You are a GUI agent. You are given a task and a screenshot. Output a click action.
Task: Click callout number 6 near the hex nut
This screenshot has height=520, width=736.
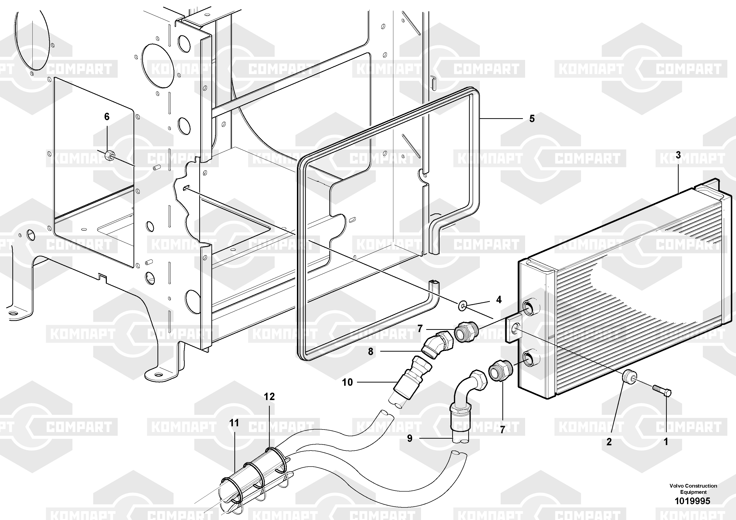107,117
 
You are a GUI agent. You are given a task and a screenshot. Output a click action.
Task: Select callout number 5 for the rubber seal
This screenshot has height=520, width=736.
532,119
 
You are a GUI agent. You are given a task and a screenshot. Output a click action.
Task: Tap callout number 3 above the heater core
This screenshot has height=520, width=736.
678,155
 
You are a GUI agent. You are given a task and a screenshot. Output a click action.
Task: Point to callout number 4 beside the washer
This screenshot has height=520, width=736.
499,300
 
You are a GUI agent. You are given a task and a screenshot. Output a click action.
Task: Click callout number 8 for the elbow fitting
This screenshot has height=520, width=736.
371,352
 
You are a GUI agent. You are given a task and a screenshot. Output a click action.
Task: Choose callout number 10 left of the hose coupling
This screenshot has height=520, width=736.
347,382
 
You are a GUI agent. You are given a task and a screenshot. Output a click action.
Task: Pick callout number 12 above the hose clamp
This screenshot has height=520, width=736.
269,397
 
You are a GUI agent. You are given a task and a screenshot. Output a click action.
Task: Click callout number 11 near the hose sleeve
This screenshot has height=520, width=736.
234,423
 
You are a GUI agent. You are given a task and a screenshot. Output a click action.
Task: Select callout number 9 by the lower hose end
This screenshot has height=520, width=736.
410,438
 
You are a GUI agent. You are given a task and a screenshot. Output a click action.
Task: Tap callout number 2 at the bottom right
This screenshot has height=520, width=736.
609,442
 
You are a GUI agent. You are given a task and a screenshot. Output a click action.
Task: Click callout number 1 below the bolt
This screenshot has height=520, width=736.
666,442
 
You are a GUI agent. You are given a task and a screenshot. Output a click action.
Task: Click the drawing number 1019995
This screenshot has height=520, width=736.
693,500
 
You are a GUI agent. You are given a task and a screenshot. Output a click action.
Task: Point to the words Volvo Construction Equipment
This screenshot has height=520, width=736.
693,489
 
